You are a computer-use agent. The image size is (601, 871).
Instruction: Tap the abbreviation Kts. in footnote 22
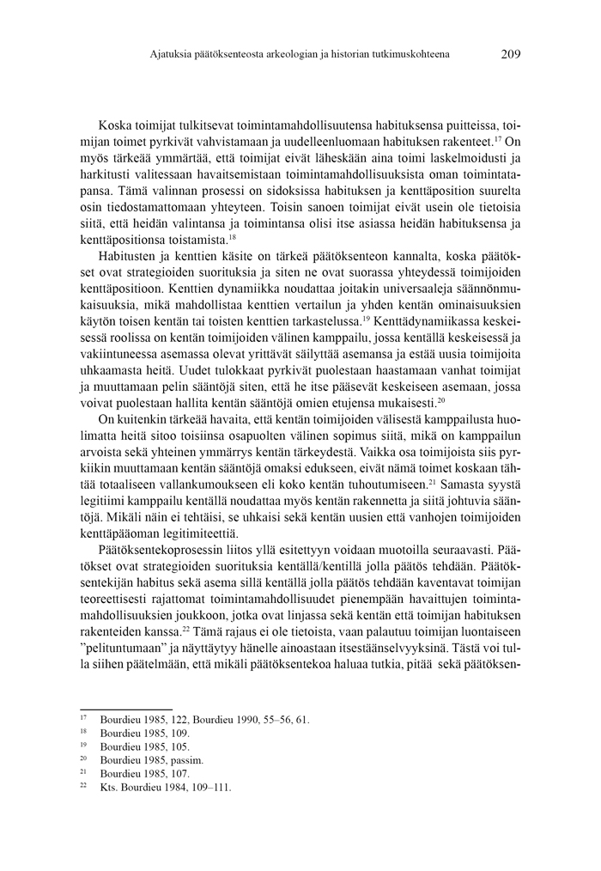tap(110, 786)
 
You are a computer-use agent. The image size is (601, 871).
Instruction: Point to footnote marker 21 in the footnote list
tap(84, 772)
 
